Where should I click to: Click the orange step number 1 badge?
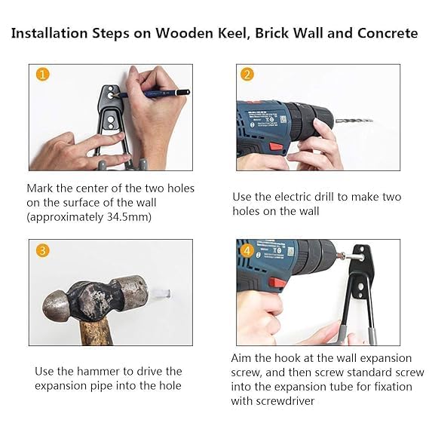click(43, 74)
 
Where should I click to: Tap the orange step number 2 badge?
click(247, 74)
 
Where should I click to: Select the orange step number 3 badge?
click(43, 250)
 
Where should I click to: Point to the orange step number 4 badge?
click(247, 250)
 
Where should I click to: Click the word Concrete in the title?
click(388, 33)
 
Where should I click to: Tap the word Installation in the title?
click(50, 33)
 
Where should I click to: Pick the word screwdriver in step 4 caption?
click(285, 401)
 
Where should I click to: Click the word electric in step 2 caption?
click(293, 197)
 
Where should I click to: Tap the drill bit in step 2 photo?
click(354, 121)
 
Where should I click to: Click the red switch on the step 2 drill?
click(277, 148)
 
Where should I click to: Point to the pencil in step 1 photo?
click(152, 93)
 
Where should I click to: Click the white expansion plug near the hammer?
click(161, 294)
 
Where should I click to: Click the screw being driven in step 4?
click(352, 256)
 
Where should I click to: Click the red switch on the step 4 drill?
click(277, 282)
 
